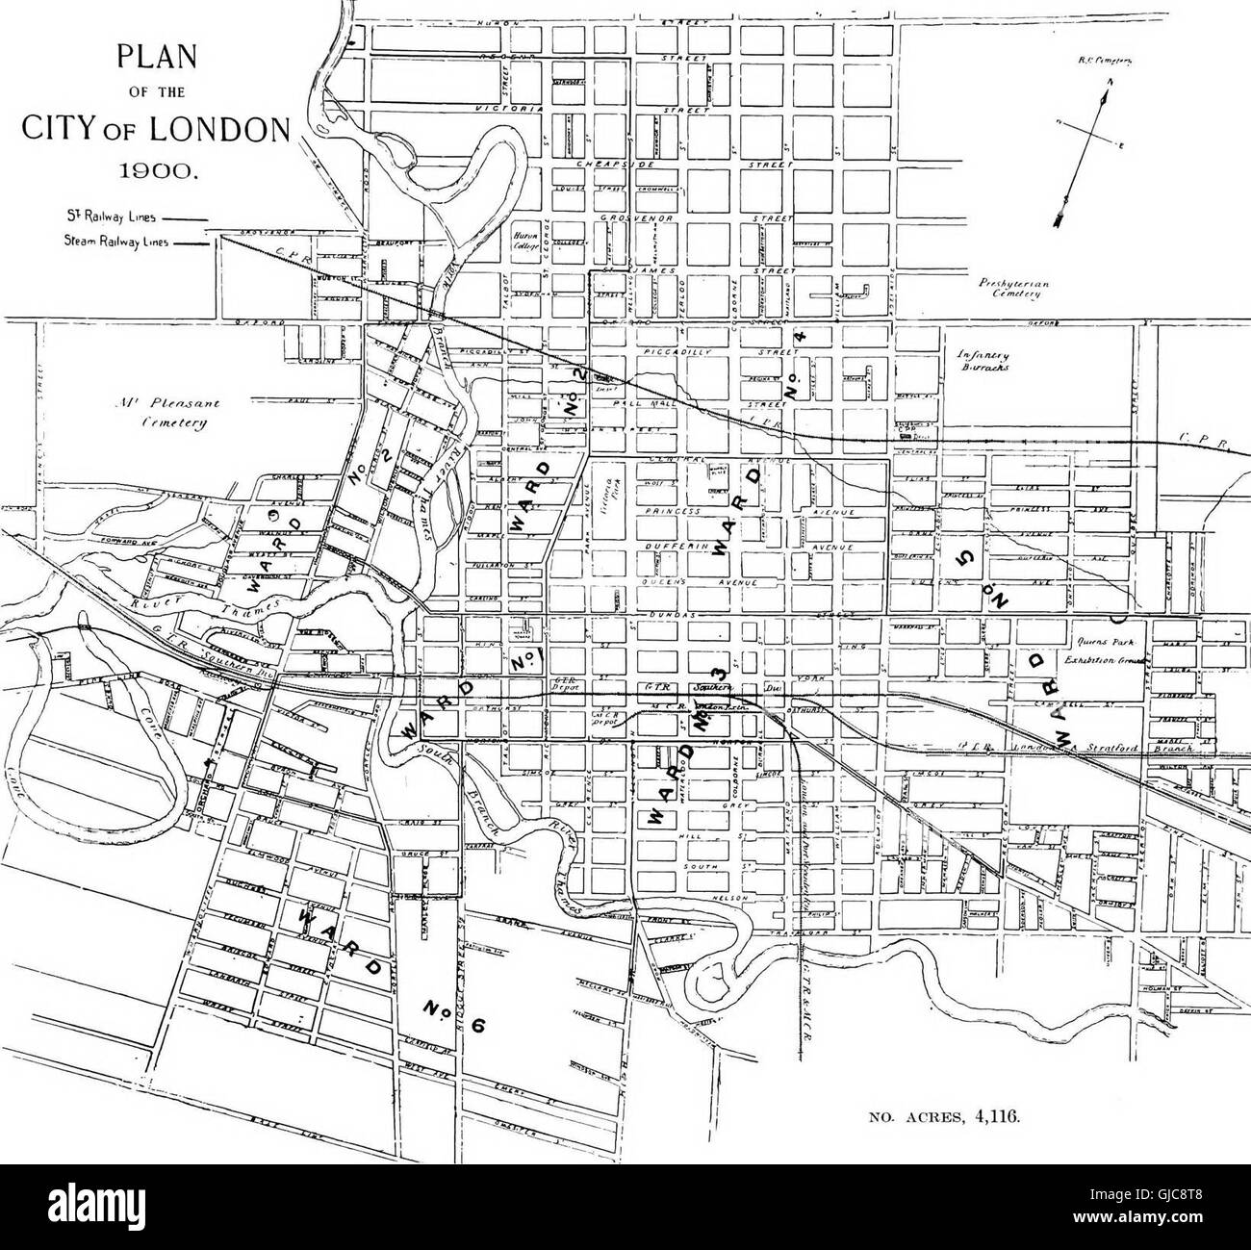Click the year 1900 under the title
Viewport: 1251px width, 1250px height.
(156, 172)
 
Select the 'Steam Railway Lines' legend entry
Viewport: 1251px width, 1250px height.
(123, 242)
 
